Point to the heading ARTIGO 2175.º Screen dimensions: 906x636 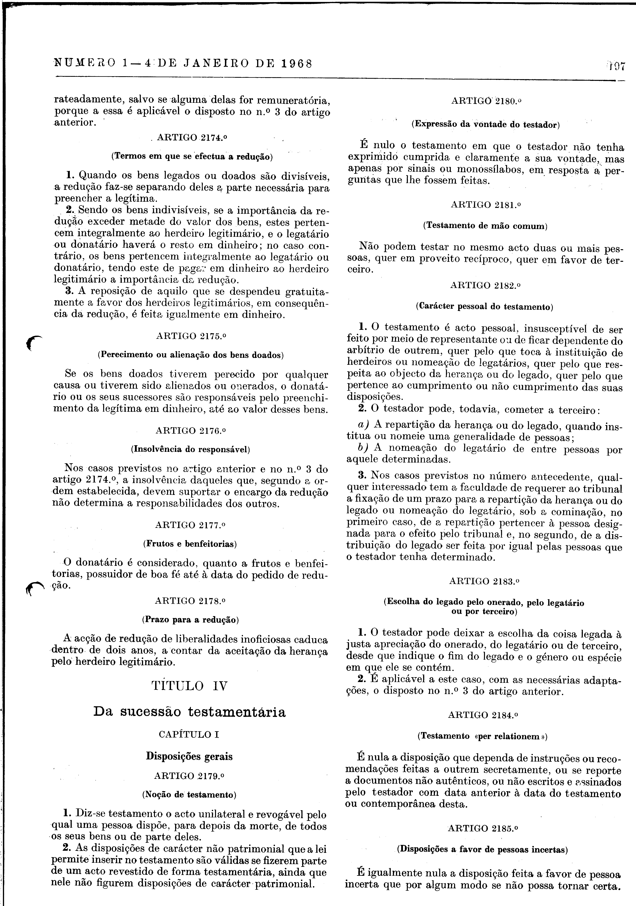[x=192, y=336]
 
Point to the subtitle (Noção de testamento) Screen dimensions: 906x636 [x=189, y=794]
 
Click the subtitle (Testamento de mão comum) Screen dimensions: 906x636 [x=485, y=226]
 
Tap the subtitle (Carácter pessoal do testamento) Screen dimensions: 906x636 [x=485, y=307]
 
